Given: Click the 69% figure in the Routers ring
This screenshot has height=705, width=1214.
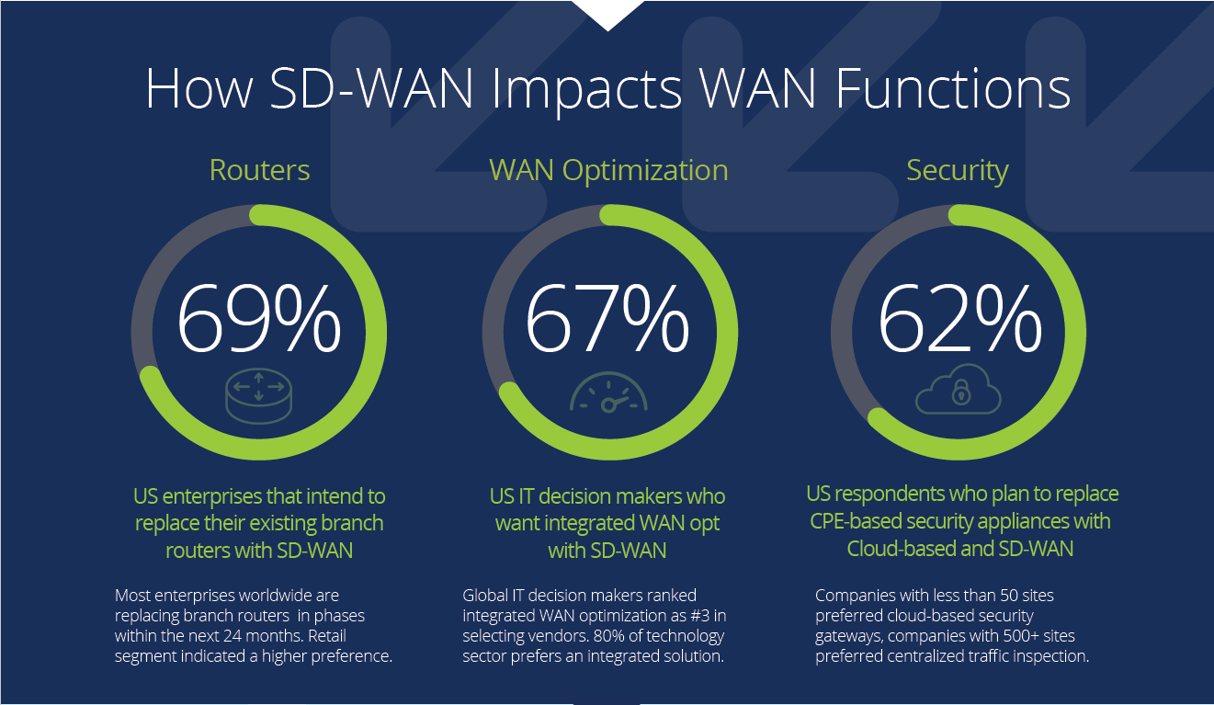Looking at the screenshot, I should [x=258, y=318].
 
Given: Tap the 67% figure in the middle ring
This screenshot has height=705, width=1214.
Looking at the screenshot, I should [x=607, y=318].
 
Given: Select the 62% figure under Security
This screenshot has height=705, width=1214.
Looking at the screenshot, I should [x=959, y=318].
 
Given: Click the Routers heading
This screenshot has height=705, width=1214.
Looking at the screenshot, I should [x=259, y=170].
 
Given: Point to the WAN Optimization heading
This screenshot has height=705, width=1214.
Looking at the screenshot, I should [x=608, y=170].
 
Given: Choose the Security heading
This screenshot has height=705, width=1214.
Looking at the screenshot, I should [x=958, y=170].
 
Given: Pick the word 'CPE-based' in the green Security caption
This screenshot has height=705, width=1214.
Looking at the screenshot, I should [x=854, y=521].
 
